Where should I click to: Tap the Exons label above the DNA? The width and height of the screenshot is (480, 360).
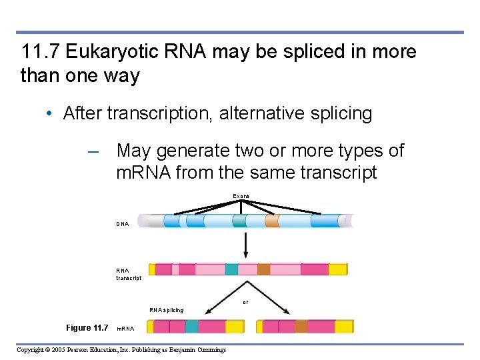click(241, 195)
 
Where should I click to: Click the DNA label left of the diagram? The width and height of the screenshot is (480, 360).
click(123, 224)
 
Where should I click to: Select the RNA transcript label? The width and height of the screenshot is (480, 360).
click(128, 274)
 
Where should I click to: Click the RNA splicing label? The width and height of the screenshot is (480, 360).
click(167, 310)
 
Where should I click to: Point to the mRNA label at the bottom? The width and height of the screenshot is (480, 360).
click(125, 329)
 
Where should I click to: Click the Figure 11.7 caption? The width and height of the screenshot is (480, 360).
click(87, 327)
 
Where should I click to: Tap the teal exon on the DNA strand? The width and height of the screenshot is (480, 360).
click(239, 221)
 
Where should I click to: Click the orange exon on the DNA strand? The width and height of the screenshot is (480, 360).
click(272, 221)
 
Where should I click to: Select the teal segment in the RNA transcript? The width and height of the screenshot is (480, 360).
click(231, 269)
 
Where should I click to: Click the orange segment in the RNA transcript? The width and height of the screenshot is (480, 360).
click(264, 269)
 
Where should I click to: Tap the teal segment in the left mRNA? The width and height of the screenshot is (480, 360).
click(191, 326)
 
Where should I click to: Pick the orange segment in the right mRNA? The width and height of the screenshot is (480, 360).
click(301, 326)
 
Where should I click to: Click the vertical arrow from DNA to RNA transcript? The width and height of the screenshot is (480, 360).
click(247, 245)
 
